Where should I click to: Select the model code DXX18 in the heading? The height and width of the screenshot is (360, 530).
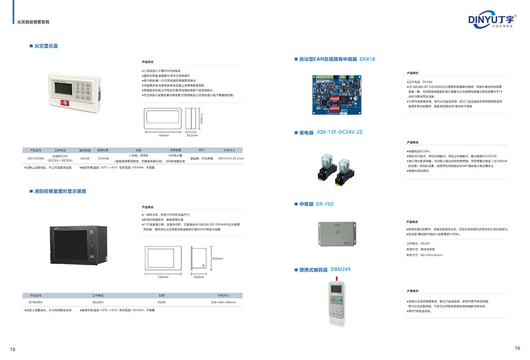tap(367, 60)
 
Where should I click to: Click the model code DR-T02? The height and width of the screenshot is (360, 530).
tap(324, 204)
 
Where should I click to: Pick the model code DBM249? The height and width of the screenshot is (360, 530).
tap(340, 269)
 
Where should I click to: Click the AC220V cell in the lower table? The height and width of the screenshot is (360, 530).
tap(98, 301)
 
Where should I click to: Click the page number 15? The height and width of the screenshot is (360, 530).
tap(12, 349)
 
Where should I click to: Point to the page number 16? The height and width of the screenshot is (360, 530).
tap(517, 348)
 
